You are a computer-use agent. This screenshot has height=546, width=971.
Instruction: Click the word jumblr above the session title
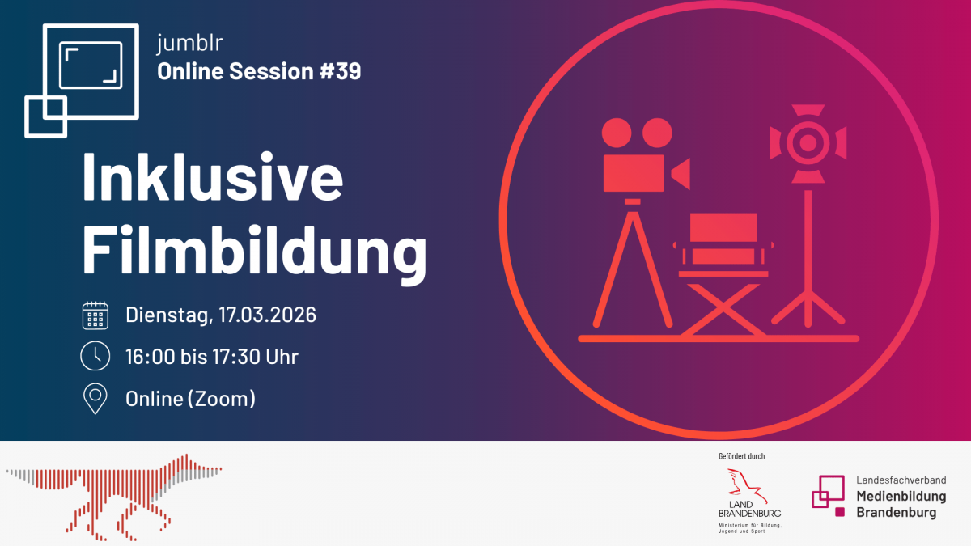[x=190, y=43]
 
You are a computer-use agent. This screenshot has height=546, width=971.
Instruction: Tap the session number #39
[x=341, y=71]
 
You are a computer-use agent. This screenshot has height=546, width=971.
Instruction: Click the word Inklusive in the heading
[x=212, y=177]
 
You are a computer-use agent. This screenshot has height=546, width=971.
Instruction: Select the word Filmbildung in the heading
[x=254, y=253]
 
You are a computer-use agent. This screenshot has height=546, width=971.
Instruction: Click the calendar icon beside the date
[x=95, y=315]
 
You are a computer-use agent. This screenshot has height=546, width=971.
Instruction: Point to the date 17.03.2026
[x=267, y=315]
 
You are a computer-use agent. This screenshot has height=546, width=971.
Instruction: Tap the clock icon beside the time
[x=95, y=356]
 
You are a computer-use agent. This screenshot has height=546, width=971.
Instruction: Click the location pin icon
[x=95, y=399]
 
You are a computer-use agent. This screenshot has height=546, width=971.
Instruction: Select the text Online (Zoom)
[x=190, y=399]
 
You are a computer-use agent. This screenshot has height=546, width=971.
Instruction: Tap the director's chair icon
[x=723, y=274]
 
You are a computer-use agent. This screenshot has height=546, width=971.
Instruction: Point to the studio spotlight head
[x=808, y=143]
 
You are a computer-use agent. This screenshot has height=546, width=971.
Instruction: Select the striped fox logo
[x=114, y=497]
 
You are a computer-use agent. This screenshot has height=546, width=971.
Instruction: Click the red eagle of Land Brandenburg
[x=748, y=485]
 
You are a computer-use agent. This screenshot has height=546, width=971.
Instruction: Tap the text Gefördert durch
[x=742, y=456]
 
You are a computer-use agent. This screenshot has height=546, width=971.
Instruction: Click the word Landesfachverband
[x=901, y=480]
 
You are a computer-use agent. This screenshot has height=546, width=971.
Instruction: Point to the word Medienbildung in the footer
[x=901, y=497]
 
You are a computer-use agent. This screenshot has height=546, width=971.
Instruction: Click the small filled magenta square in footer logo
[x=840, y=512]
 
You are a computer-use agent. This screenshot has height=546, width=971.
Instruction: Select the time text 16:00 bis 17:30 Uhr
[x=212, y=357]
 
